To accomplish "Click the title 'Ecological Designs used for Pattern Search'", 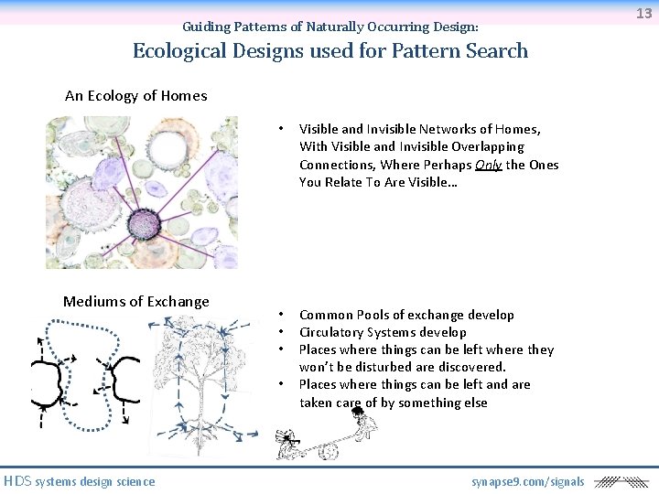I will [330, 50].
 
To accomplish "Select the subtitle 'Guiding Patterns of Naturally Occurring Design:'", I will [330, 27].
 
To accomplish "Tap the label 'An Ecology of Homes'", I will [135, 95].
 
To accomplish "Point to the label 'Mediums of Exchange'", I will [135, 301].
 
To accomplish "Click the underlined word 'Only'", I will [489, 165].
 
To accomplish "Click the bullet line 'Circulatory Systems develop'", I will [383, 332].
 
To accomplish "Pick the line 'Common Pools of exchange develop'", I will [406, 315].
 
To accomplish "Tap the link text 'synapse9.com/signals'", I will [527, 481].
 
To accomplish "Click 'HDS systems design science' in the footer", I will [79, 481].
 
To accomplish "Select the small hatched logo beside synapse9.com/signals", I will [620, 481].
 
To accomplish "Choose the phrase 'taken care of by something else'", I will [393, 403].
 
